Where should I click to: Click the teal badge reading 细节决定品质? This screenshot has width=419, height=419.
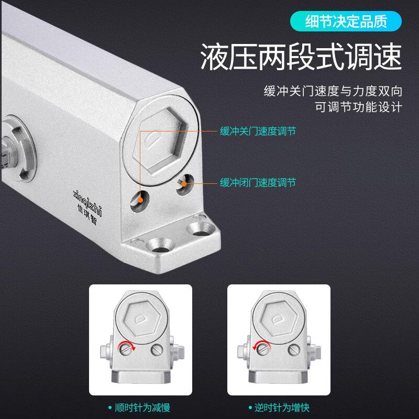coord(346,21)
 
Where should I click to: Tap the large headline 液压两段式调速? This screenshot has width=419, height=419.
coord(301,57)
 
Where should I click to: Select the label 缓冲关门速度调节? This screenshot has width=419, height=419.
coord(258,131)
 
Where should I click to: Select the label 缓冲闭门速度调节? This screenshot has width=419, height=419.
coord(258,183)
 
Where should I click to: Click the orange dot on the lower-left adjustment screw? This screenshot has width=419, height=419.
coord(140,200)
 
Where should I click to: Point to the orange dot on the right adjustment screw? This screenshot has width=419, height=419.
coord(184,184)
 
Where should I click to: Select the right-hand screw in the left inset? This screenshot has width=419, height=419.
coord(157,350)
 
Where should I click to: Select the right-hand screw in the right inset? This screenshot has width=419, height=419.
coord(294,350)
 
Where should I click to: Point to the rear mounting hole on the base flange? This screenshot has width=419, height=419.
coord(201,229)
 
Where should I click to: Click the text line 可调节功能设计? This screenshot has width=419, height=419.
coord(359,107)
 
